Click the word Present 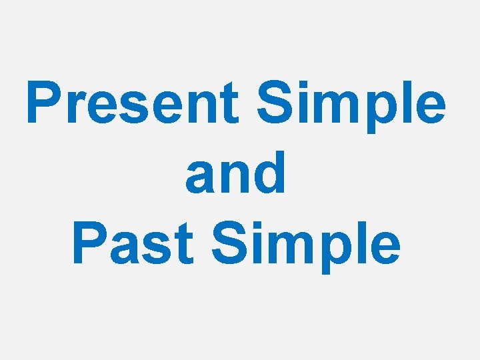(133, 103)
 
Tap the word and (236, 173)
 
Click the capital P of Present (42, 103)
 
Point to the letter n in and (235, 176)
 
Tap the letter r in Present (72, 108)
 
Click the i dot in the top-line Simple (297, 83)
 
